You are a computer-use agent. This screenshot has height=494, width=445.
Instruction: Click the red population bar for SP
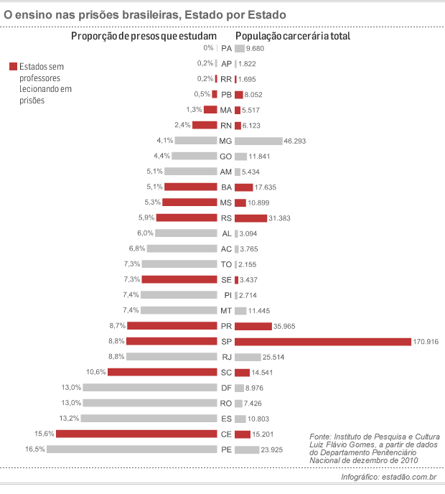tap(322, 341)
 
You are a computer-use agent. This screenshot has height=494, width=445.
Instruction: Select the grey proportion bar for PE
tap(132, 449)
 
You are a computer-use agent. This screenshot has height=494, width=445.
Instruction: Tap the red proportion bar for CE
tap(136, 434)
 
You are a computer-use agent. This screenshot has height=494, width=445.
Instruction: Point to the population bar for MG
tap(258, 141)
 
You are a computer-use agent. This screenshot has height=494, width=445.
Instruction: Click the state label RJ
tap(226, 357)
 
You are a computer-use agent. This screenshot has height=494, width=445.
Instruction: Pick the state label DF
tap(226, 388)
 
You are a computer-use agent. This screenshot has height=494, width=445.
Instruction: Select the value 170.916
tap(426, 341)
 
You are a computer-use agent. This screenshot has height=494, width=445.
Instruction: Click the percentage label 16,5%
tap(35, 449)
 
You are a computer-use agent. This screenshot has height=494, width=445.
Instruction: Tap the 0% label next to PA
tap(209, 48)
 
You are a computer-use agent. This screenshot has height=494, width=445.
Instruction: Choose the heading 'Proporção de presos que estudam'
tap(144, 36)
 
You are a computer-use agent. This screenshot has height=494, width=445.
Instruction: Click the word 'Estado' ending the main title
tap(261, 14)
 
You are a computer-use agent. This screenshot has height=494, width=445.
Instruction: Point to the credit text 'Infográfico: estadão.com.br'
tap(388, 478)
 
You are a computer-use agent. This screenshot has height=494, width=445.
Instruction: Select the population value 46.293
tap(297, 141)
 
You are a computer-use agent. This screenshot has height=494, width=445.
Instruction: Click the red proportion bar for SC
tap(162, 372)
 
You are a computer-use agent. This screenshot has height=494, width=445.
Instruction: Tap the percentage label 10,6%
tap(96, 372)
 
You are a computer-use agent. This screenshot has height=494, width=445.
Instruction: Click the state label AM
tap(226, 172)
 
